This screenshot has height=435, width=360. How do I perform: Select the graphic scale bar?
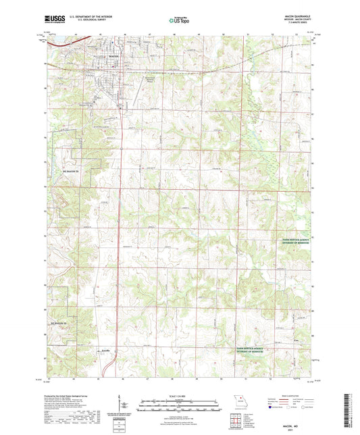tap(180, 407)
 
